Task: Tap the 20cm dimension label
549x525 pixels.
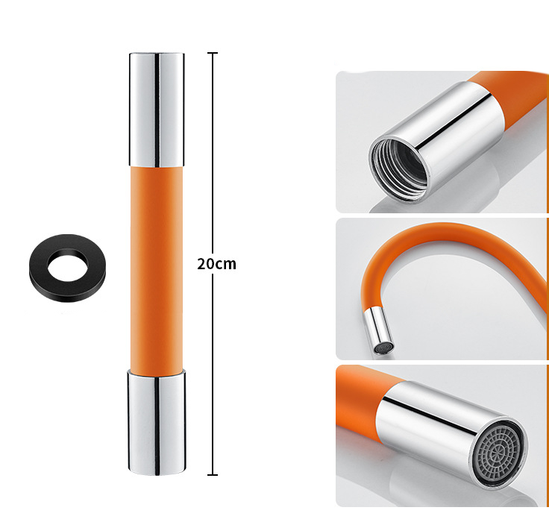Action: pos(217,264)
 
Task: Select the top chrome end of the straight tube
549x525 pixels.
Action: pos(157,110)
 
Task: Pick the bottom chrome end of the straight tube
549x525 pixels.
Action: pos(157,423)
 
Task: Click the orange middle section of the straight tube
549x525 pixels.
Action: pos(156,268)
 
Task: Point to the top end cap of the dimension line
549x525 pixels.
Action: pos(213,53)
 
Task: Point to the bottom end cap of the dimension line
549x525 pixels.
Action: pos(213,475)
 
